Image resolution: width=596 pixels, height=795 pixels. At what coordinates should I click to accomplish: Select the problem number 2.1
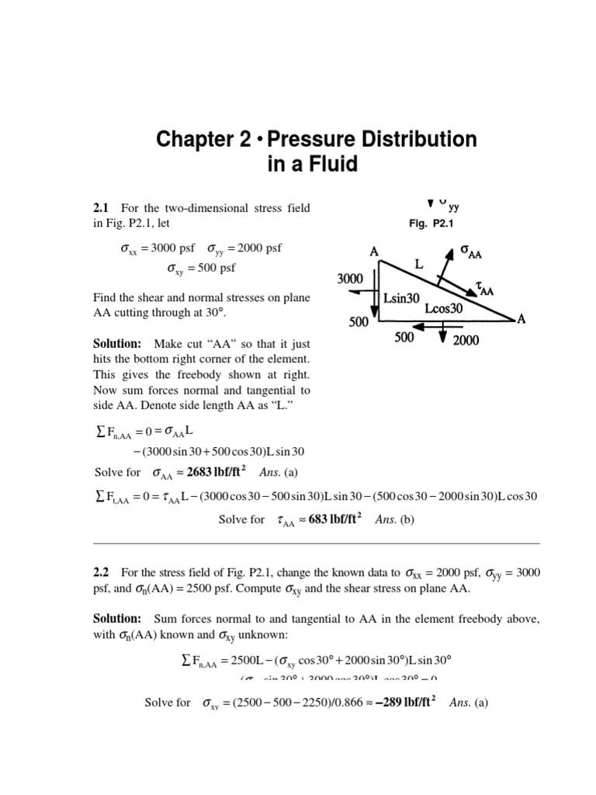click(101, 207)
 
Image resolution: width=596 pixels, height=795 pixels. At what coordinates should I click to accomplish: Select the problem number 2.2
click(101, 572)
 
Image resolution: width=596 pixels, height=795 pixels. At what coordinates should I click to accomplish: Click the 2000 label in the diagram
click(466, 340)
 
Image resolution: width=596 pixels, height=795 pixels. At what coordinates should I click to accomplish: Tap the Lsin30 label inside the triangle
click(402, 297)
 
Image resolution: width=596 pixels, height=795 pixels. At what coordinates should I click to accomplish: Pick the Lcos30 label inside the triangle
click(444, 308)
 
